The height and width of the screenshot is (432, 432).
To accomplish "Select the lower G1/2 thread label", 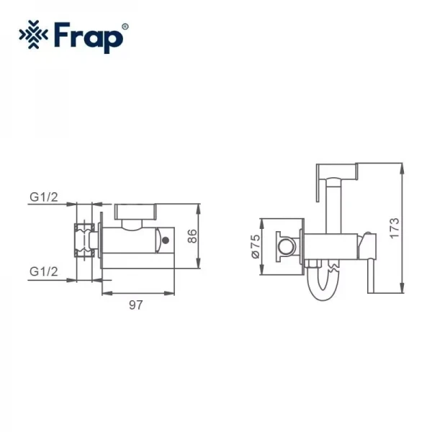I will pos(44,271).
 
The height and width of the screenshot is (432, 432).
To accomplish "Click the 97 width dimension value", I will pos(135,305).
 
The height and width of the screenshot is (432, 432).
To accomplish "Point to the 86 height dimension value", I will pos(192,237).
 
